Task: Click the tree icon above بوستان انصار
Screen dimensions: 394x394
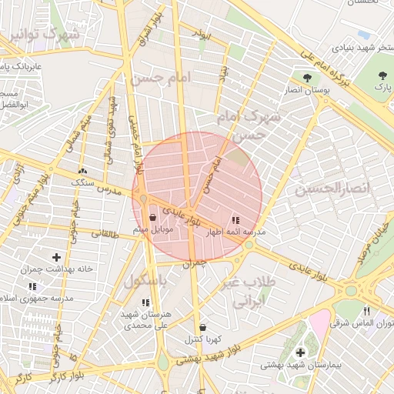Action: (308, 77)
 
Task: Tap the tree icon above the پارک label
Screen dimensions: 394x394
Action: (382, 75)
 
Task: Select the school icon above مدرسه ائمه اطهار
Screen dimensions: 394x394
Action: (235, 219)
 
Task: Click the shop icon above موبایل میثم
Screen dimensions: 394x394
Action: (162, 218)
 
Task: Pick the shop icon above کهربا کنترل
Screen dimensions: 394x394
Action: (202, 326)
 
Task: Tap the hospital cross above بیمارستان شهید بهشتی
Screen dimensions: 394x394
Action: (299, 352)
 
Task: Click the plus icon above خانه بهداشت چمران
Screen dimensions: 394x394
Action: (56, 257)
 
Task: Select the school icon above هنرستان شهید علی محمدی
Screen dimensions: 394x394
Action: (145, 302)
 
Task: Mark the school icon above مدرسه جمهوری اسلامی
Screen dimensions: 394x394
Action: (32, 286)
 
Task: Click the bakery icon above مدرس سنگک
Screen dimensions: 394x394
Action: (82, 172)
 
